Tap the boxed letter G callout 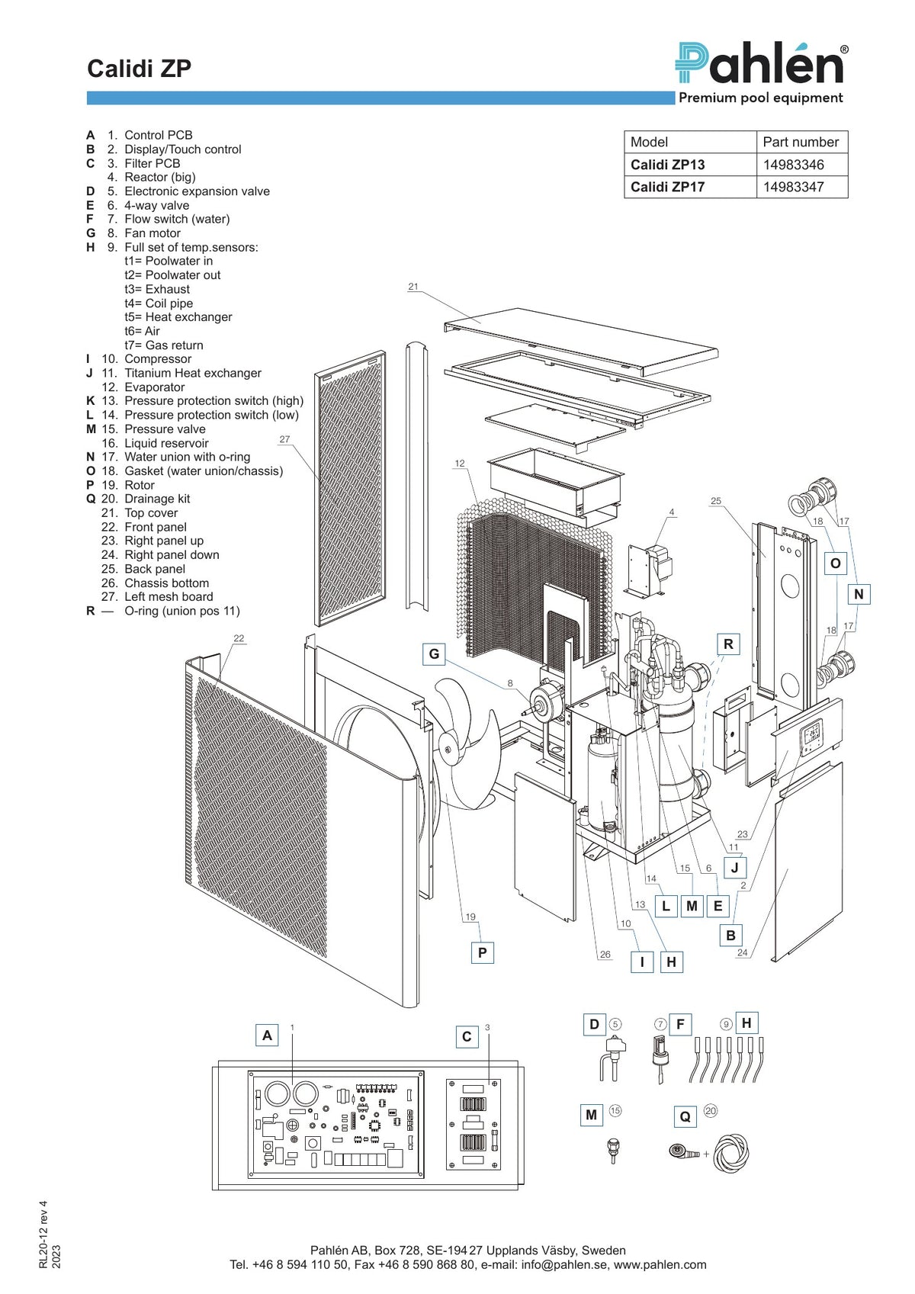point(434,654)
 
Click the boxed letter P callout point(483,952)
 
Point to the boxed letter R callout point(728,644)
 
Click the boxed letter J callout point(735,867)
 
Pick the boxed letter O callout point(835,564)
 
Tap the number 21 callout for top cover point(413,287)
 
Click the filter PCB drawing point(473,1124)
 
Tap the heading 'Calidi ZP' point(140,69)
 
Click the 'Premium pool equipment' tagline point(761,98)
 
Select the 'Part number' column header point(801,142)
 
